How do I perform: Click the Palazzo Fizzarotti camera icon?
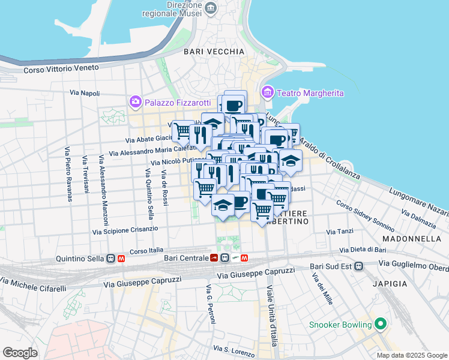(135, 101)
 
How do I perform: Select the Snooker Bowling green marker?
(379, 325)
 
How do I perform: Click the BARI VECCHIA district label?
(214, 52)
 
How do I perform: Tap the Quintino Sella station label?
(79, 259)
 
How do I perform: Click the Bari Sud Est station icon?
(359, 266)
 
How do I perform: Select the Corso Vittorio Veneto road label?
(61, 70)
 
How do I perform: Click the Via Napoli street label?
(85, 93)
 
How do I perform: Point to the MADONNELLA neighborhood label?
(416, 238)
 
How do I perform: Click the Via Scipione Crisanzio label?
(125, 230)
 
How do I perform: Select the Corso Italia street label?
(146, 251)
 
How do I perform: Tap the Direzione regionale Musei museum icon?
(211, 7)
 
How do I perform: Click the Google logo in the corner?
(20, 353)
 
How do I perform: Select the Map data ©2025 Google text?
(412, 355)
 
